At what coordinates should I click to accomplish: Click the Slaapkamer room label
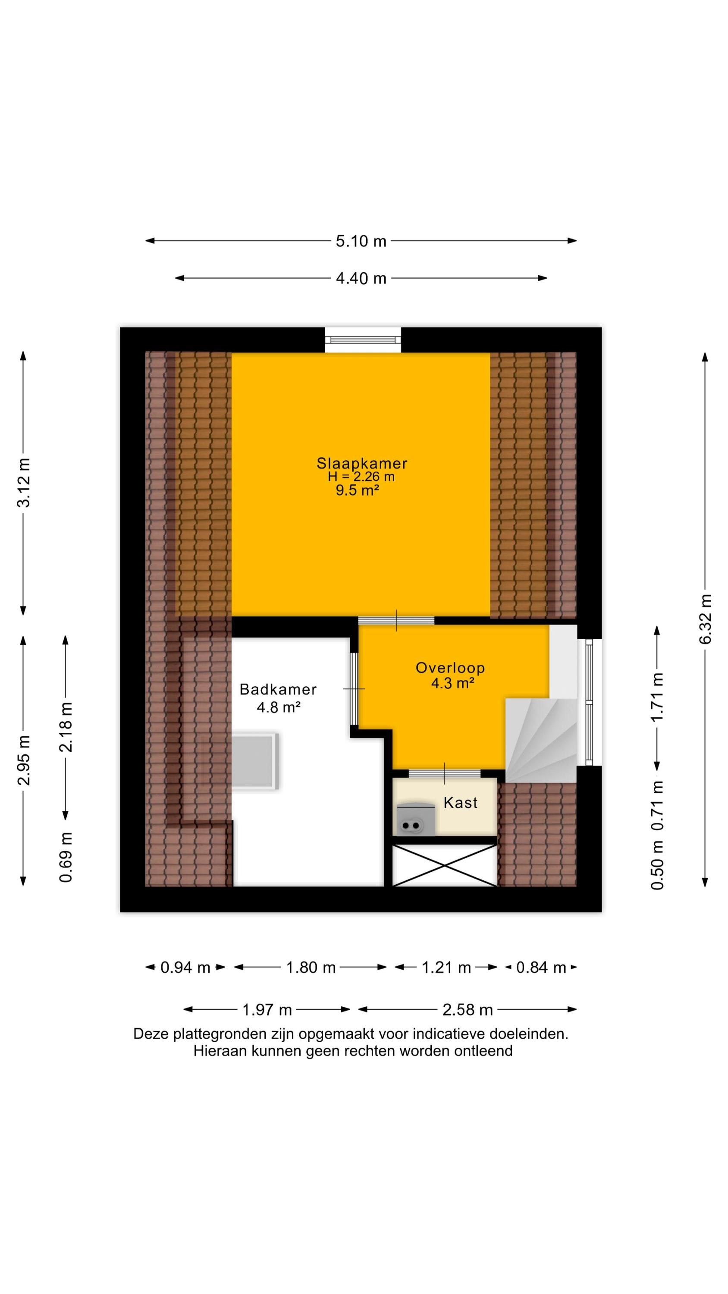pos(362,463)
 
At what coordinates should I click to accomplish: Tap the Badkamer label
pos(278,689)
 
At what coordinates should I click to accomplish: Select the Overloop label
pos(450,668)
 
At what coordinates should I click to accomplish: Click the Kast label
pos(460,803)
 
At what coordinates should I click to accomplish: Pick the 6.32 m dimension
pos(706,619)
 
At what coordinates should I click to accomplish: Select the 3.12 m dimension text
pos(24,482)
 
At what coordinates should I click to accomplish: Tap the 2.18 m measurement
pos(66,727)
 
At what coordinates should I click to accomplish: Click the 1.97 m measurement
pos(267,1009)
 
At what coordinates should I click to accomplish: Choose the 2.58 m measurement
pos(467,1009)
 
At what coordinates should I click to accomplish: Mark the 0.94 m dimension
pos(185,967)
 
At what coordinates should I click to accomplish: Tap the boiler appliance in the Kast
pos(415,820)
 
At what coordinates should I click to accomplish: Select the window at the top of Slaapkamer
pos(363,339)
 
